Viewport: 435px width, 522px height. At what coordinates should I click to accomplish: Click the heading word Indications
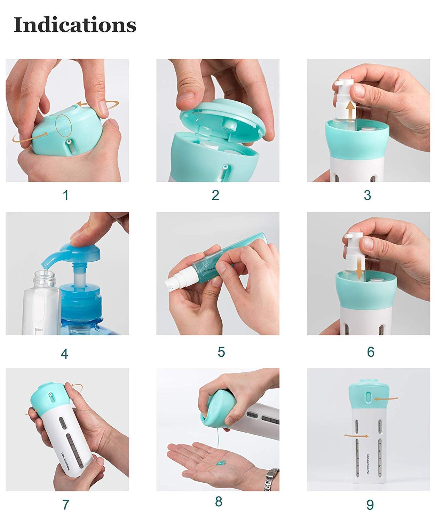pyautogui.click(x=75, y=25)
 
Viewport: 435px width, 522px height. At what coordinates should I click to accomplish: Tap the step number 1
pyautogui.click(x=65, y=196)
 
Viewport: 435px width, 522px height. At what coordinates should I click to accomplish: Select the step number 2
pyautogui.click(x=215, y=195)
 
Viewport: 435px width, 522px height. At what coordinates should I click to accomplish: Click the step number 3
pyautogui.click(x=367, y=196)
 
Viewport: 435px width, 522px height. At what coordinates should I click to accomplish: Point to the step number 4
pyautogui.click(x=64, y=354)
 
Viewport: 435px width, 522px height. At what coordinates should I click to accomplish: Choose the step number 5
pyautogui.click(x=221, y=352)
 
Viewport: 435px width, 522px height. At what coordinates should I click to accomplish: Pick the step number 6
pyautogui.click(x=371, y=352)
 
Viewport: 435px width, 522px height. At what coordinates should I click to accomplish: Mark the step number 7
pyautogui.click(x=65, y=505)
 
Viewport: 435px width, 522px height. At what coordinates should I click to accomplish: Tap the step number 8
pyautogui.click(x=219, y=502)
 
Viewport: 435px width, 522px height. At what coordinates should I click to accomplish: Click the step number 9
pyautogui.click(x=370, y=505)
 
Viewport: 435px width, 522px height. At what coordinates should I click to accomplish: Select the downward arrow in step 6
pyautogui.click(x=359, y=268)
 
